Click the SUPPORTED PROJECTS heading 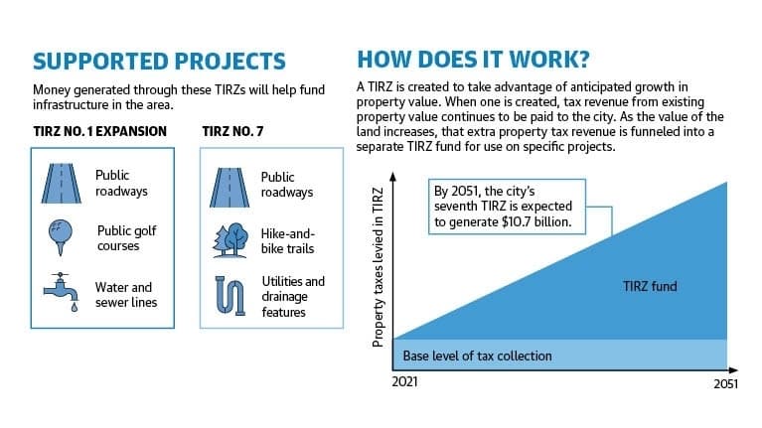click(x=159, y=62)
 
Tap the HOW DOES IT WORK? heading click(x=473, y=60)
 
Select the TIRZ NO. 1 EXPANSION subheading click(x=100, y=132)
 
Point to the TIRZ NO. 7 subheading click(x=232, y=132)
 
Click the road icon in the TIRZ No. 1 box click(x=62, y=183)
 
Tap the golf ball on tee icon click(x=61, y=237)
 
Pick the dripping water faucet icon click(x=61, y=292)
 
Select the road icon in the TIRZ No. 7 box click(x=229, y=188)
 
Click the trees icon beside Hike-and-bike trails click(x=230, y=240)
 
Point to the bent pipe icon click(x=230, y=296)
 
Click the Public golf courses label click(x=127, y=238)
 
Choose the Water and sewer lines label click(x=126, y=294)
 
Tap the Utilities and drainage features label click(x=293, y=296)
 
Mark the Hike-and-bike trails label click(x=288, y=241)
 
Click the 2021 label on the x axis click(x=404, y=382)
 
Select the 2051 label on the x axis click(x=725, y=384)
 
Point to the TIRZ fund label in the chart click(x=650, y=286)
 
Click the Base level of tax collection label click(x=477, y=357)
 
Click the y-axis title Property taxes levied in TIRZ click(x=379, y=267)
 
